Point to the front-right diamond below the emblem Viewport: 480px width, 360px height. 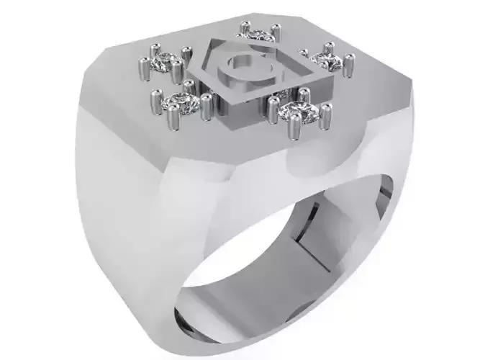pos(294,109)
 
